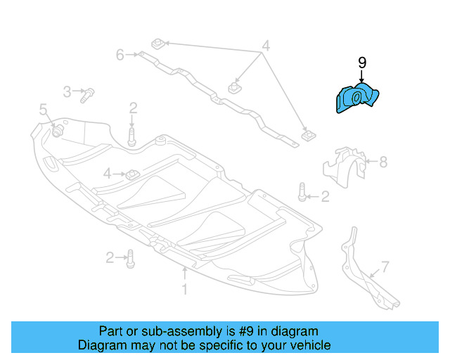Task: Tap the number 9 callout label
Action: click(x=362, y=63)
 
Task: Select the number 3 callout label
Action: click(x=67, y=91)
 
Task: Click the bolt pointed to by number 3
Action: click(x=88, y=95)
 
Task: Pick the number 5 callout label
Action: click(x=43, y=110)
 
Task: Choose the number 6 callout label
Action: click(x=120, y=54)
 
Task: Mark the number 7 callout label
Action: click(x=385, y=267)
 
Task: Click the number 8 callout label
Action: click(x=382, y=162)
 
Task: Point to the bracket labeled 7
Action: click(x=362, y=271)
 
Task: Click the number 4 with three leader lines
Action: click(x=265, y=46)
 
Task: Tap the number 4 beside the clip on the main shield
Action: click(x=107, y=173)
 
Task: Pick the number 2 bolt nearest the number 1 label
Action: click(x=131, y=260)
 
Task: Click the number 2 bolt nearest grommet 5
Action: click(x=132, y=133)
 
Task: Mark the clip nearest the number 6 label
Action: click(x=157, y=44)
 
